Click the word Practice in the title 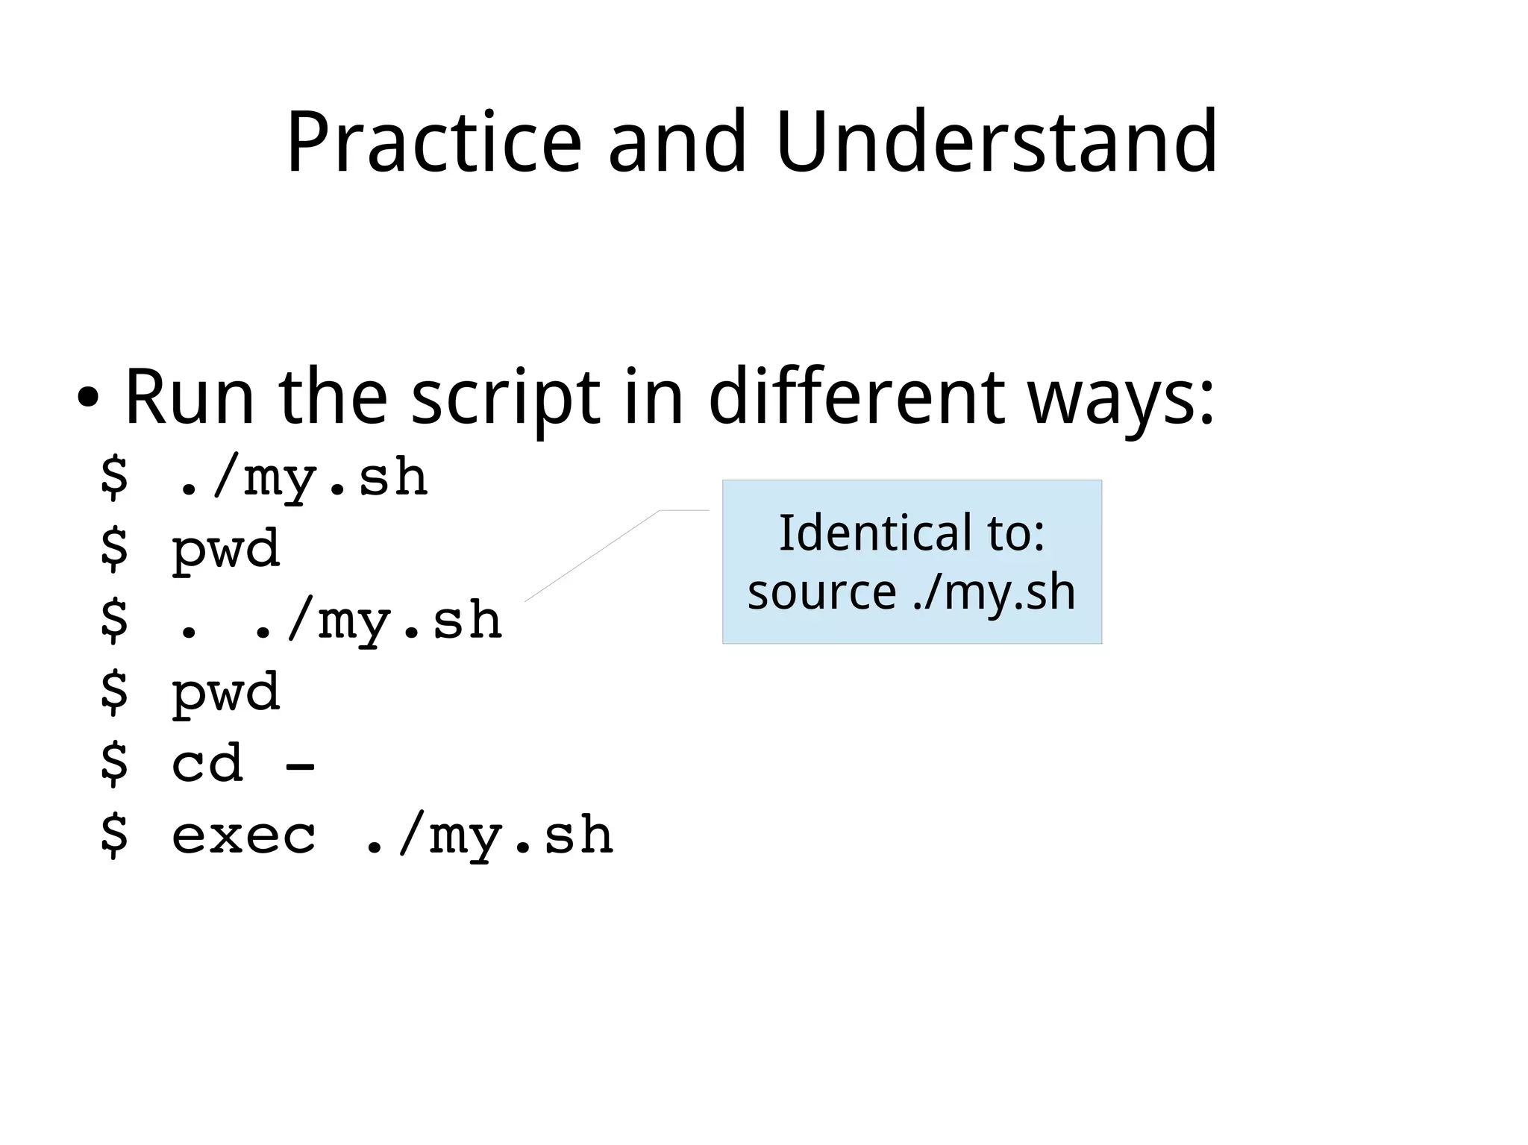433,142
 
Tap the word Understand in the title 996,142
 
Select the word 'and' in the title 677,142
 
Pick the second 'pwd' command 226,693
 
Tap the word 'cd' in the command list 207,764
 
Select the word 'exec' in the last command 244,835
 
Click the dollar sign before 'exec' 114,835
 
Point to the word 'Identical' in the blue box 875,533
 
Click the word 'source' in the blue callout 821,593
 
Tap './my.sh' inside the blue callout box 995,593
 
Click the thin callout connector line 593,556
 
